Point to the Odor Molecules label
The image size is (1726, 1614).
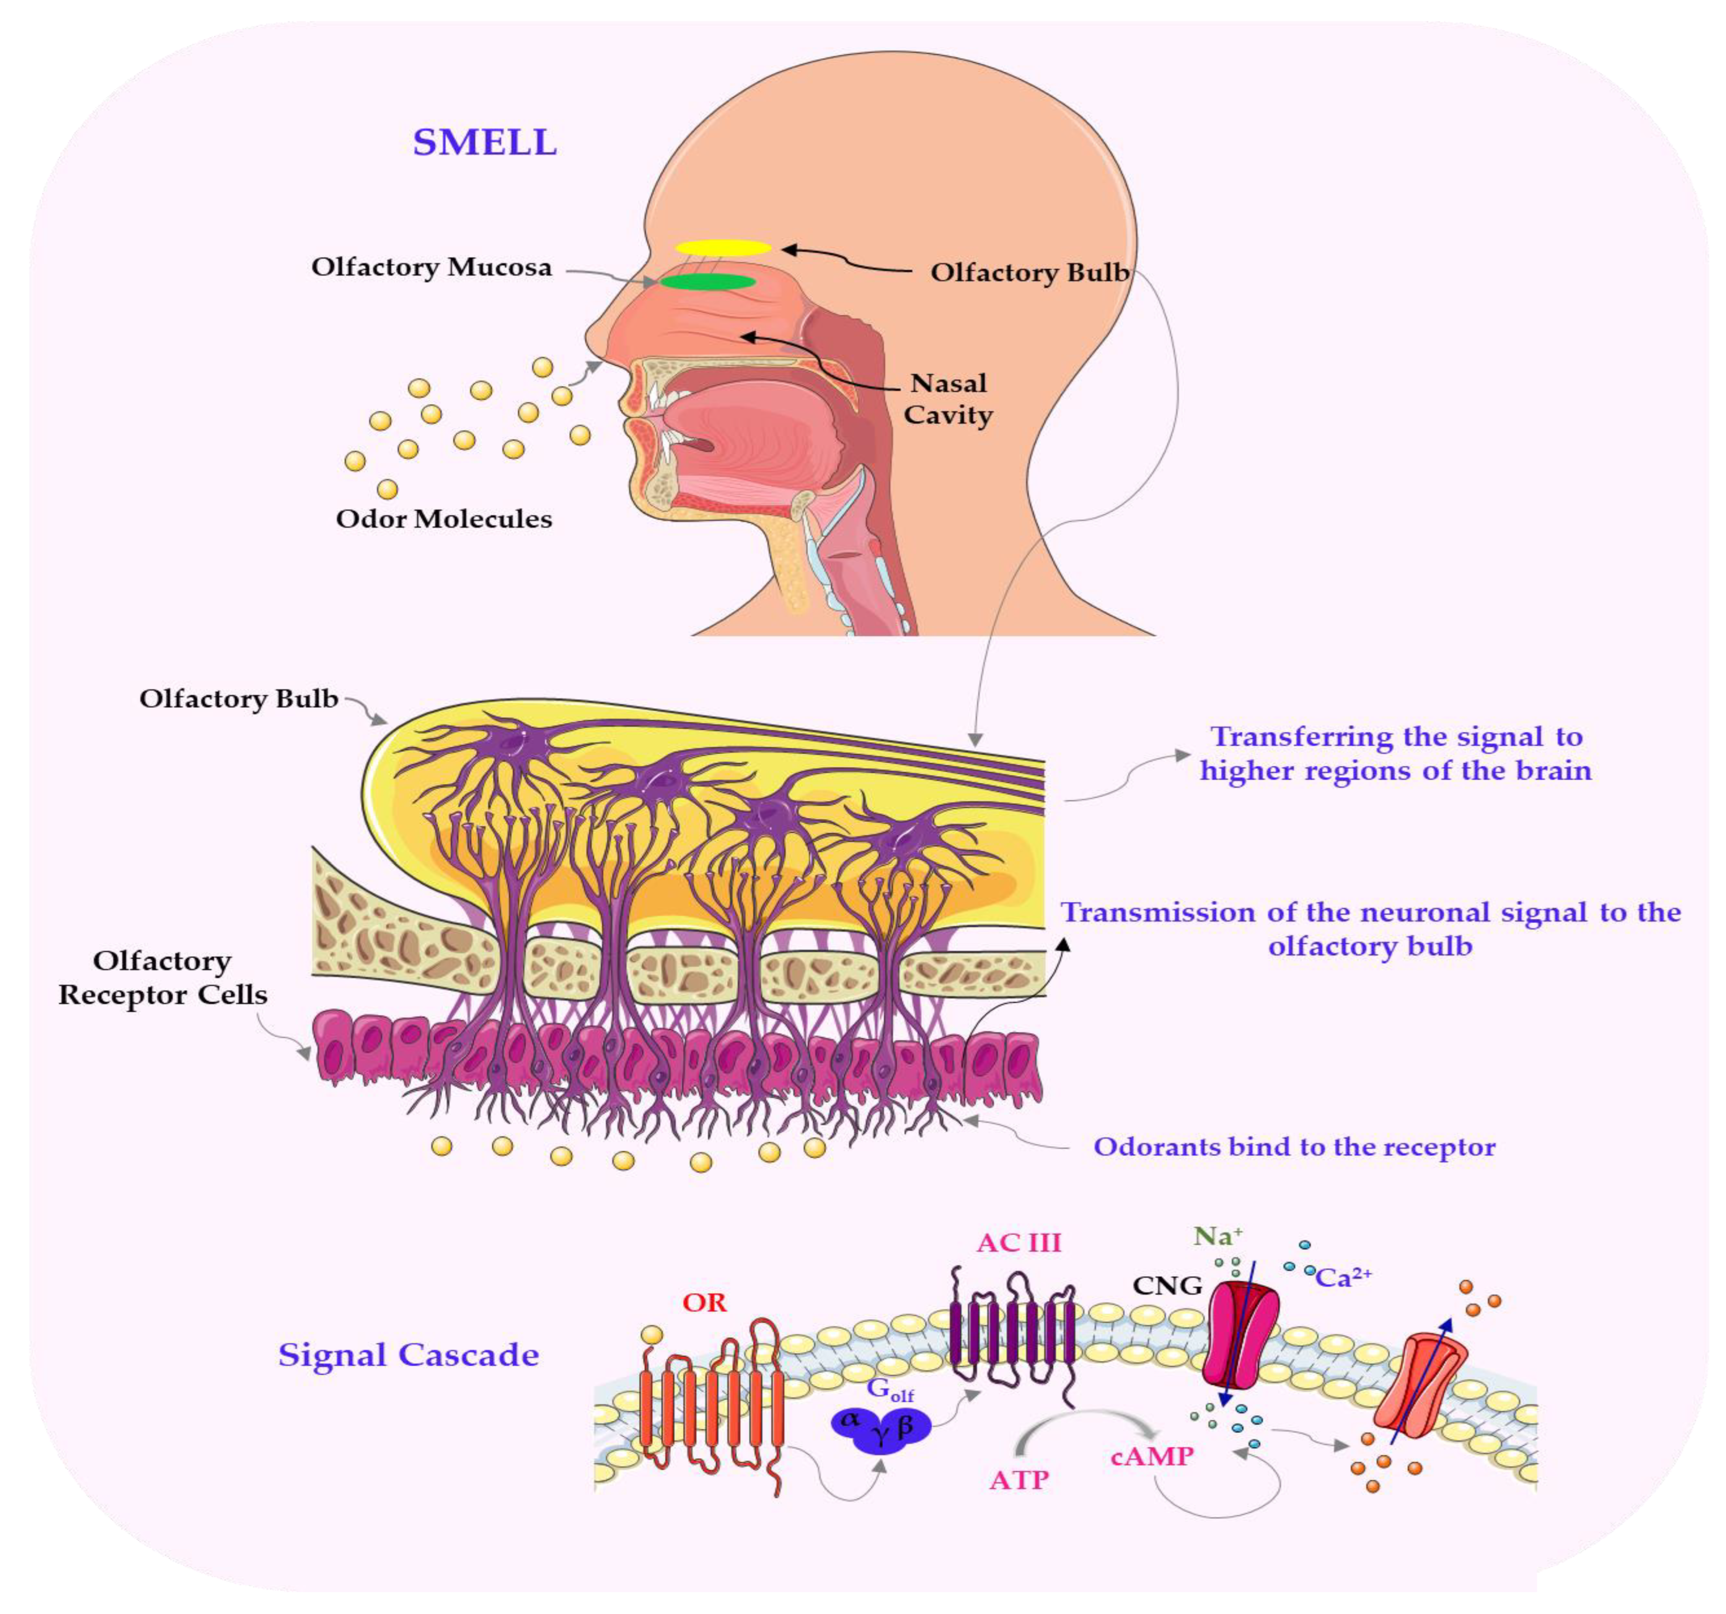(x=444, y=519)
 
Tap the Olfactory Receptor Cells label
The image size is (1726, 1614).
(x=162, y=977)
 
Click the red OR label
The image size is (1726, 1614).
(x=704, y=1303)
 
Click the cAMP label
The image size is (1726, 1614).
(x=1152, y=1456)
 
